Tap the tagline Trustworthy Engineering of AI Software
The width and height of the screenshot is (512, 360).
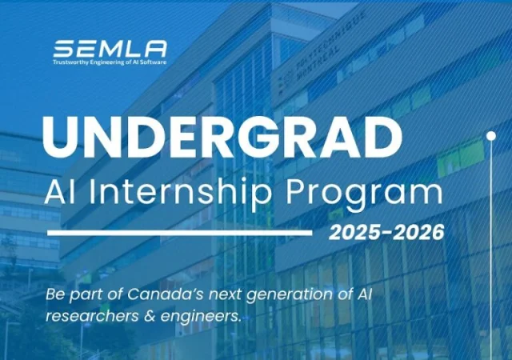pos(110,62)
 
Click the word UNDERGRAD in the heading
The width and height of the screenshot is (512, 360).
pos(222,137)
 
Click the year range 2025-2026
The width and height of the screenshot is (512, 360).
pos(386,233)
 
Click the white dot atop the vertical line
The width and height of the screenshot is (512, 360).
pos(490,137)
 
